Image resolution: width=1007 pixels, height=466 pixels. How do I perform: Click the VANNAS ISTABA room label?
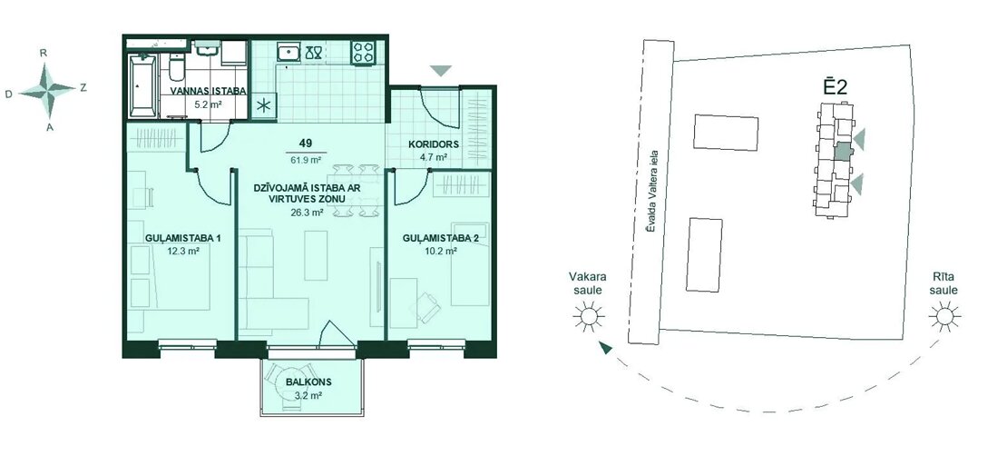[x=208, y=91]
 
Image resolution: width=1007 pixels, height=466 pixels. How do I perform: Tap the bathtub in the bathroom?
[x=142, y=86]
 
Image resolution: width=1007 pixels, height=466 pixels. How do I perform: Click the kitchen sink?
[x=287, y=52]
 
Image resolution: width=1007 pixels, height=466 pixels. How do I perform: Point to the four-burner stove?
[x=363, y=52]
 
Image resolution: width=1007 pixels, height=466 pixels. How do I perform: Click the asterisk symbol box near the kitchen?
[x=263, y=107]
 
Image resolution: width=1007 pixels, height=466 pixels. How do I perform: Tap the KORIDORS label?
[x=434, y=144]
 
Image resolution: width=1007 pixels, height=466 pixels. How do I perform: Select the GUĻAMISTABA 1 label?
[x=183, y=239]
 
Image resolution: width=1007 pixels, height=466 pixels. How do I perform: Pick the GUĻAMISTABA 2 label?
[x=441, y=239]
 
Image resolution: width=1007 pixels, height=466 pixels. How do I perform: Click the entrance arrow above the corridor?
[x=440, y=71]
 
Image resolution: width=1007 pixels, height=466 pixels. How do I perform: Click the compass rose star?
[x=47, y=91]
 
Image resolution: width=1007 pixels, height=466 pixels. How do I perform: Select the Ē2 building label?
[x=836, y=86]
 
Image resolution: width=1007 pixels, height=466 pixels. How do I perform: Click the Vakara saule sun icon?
[x=588, y=317]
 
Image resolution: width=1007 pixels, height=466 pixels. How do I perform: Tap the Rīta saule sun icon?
[x=944, y=317]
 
